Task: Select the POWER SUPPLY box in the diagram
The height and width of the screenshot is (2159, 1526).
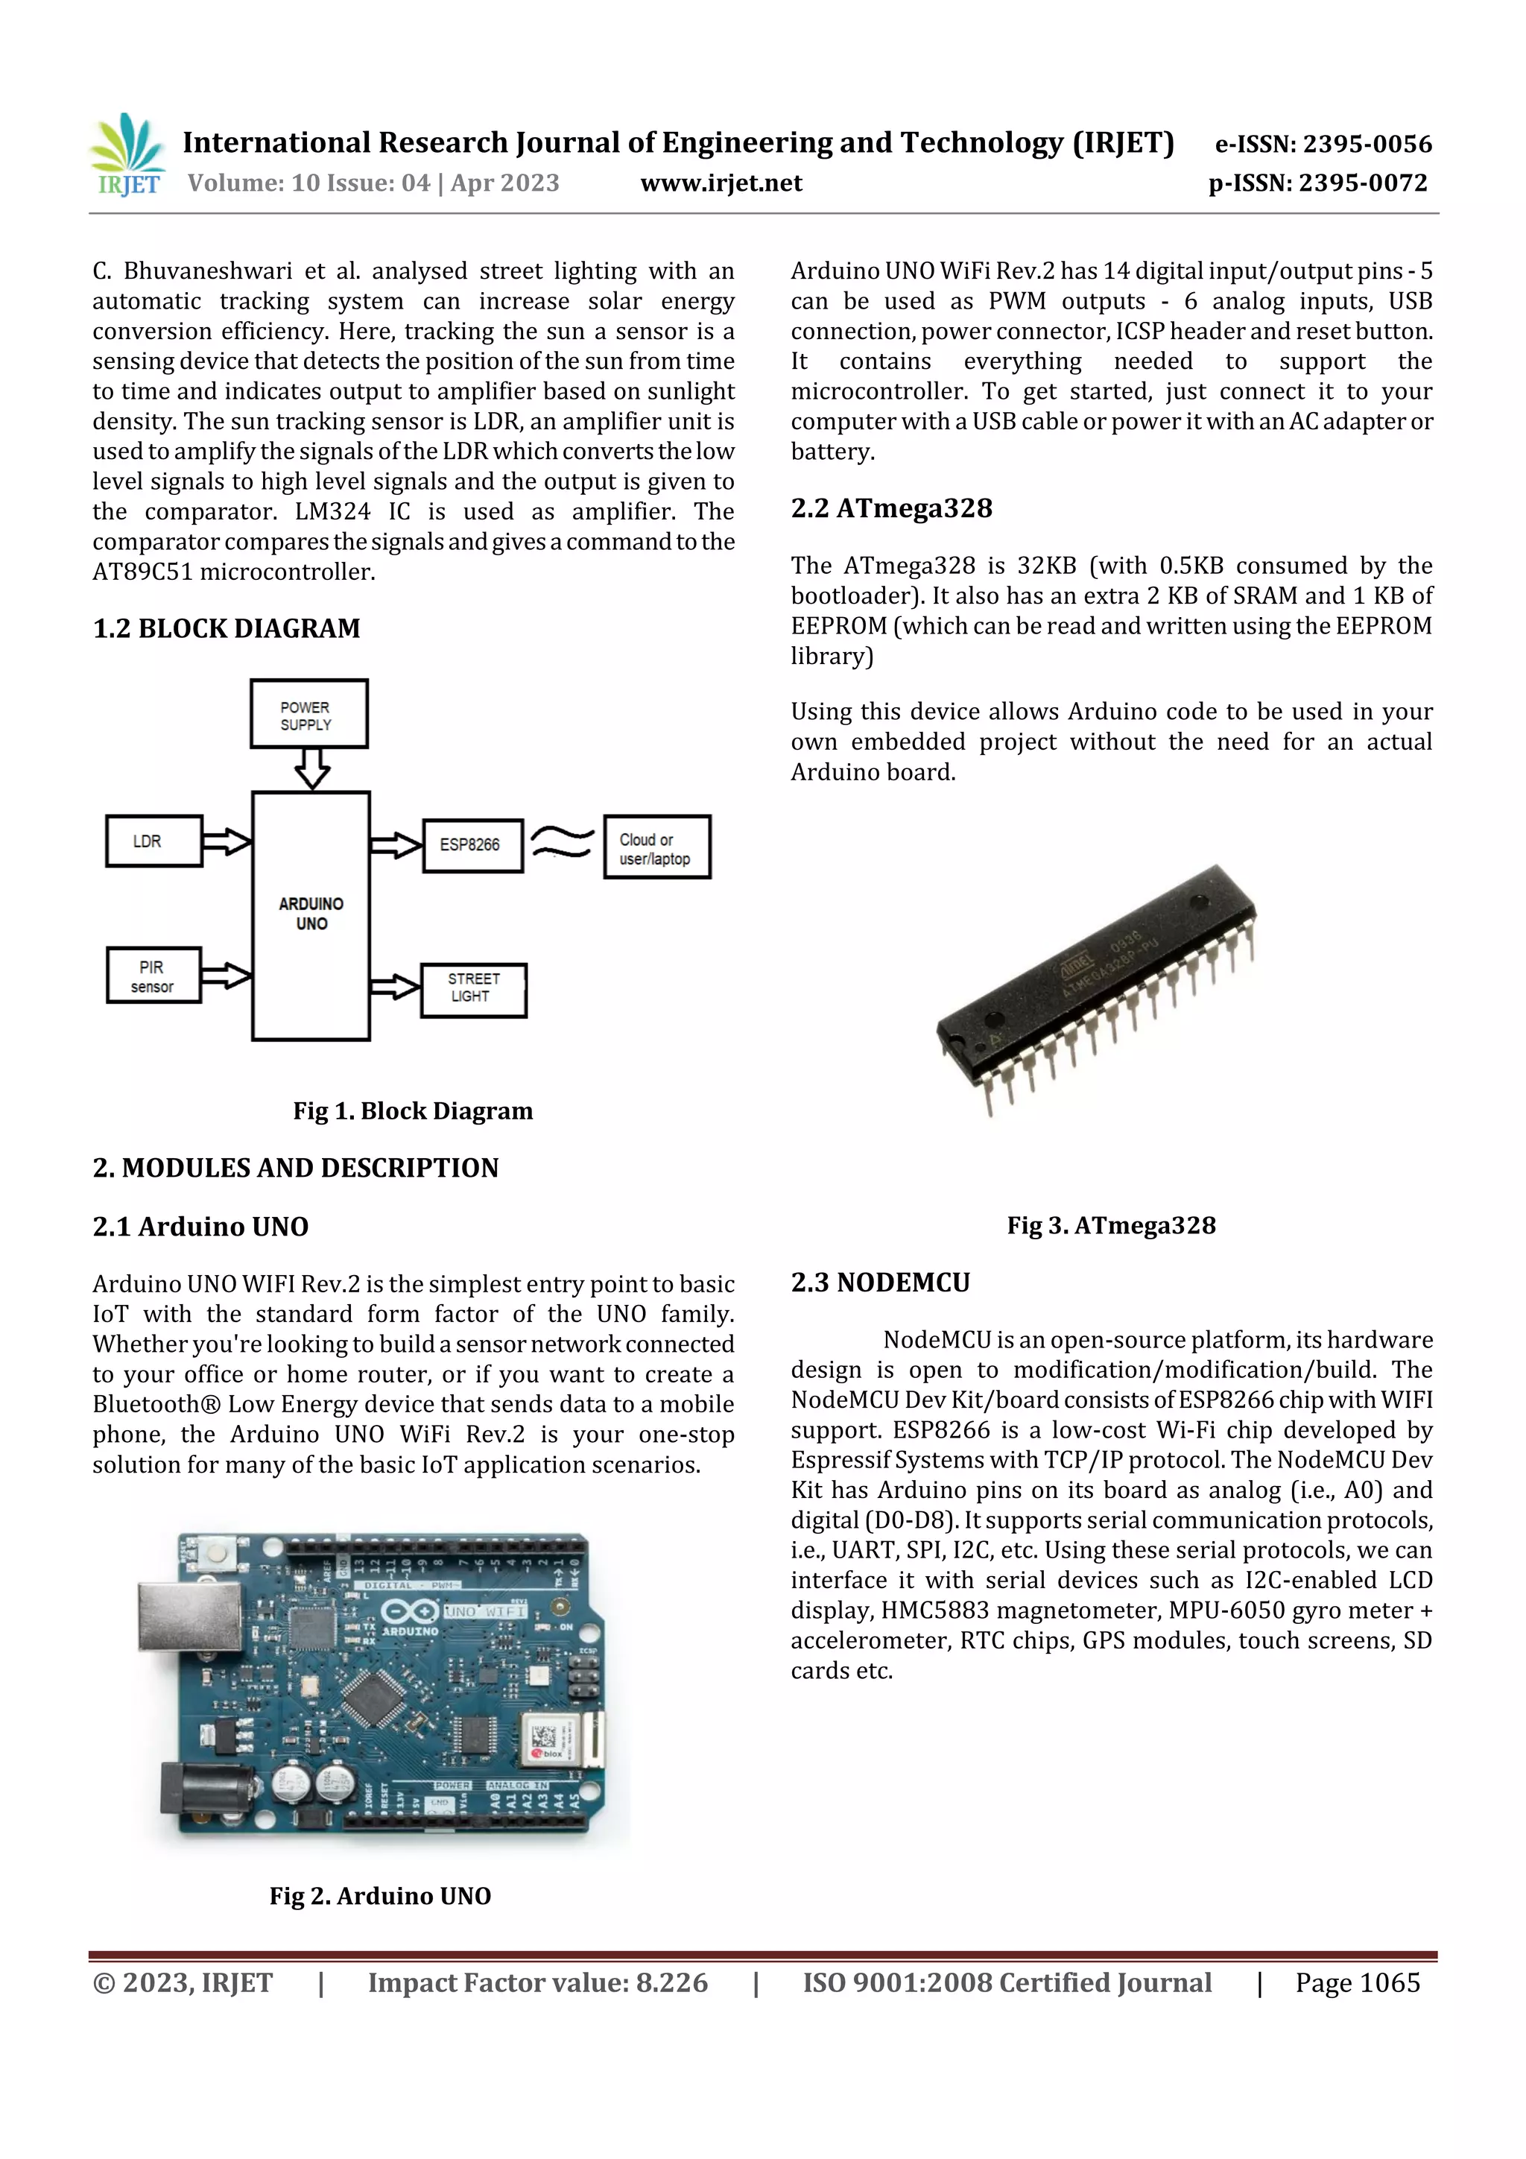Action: coord(308,715)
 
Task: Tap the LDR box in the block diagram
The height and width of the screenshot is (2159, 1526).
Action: coord(153,841)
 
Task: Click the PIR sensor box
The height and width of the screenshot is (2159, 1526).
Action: coord(153,976)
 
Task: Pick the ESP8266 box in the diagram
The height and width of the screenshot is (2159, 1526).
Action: coord(472,845)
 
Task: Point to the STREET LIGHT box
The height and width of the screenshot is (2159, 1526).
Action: coord(473,989)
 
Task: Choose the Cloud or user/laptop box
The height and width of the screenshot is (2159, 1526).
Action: coord(656,847)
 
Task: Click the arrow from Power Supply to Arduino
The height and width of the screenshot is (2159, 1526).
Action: coord(311,768)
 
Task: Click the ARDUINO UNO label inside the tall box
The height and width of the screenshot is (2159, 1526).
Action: coord(311,914)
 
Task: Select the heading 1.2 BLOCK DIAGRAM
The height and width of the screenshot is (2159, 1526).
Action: coord(227,628)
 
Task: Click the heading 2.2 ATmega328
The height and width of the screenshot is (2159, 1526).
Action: coord(890,509)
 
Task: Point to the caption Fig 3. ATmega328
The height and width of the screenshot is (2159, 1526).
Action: coord(1110,1225)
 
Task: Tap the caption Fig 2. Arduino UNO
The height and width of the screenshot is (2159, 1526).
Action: coord(380,1896)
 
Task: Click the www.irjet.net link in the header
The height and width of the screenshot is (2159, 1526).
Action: coord(721,183)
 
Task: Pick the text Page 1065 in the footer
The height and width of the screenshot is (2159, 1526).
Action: coord(1357,1983)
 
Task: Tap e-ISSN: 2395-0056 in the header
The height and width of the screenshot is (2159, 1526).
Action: coord(1323,144)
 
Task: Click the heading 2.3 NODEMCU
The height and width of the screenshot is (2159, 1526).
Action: coord(880,1283)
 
